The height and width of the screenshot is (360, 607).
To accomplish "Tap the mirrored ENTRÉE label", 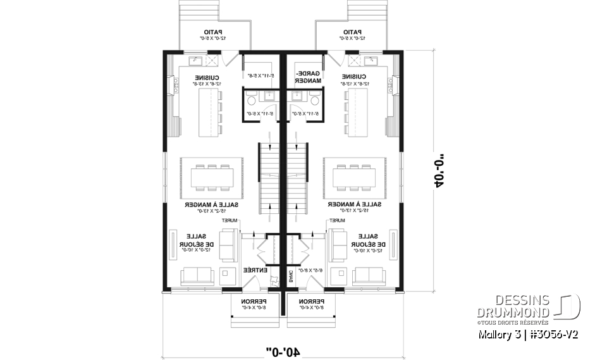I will coord(255,270).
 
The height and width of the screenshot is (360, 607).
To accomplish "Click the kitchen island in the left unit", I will coord(206,112).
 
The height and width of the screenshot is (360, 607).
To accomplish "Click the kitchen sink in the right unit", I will coord(371,61).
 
